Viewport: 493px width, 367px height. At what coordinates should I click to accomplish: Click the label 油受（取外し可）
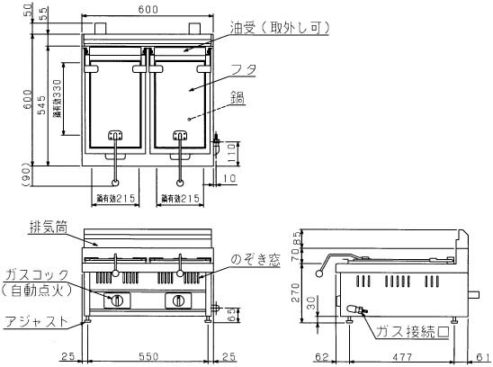[x=267, y=29]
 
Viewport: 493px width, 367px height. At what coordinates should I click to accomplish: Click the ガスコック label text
[x=31, y=275]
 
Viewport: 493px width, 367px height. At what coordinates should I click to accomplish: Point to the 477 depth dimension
[x=402, y=357]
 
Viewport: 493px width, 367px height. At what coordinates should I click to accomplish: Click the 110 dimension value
[x=229, y=157]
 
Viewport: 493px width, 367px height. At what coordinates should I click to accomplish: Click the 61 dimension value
[x=484, y=357]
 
